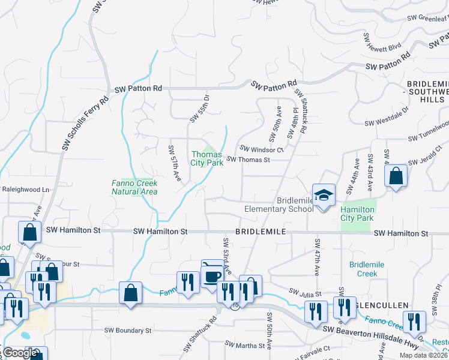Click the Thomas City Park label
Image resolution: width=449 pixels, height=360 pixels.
207,158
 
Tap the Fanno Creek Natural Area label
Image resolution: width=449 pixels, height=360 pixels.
134,187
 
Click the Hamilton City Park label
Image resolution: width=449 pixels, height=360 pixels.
358,214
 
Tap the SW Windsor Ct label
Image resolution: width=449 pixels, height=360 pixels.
262,149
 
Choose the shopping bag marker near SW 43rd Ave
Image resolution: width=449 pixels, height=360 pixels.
396,176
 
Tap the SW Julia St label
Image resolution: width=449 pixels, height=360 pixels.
305,292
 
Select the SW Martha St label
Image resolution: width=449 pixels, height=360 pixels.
244,346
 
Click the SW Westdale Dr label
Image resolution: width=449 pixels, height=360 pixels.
387,116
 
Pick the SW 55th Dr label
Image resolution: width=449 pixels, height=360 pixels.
200,108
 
